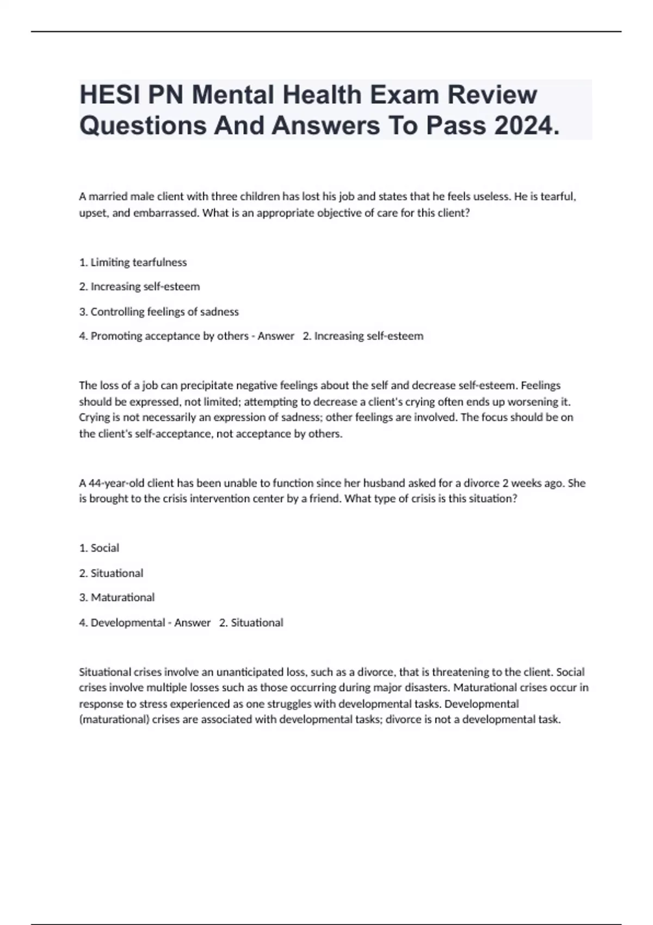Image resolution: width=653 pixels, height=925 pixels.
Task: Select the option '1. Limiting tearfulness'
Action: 133,262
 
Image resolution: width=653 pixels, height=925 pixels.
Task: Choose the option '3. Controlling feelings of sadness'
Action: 159,312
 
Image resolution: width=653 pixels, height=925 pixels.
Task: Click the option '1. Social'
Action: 99,548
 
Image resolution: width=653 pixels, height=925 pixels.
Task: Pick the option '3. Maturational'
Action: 117,597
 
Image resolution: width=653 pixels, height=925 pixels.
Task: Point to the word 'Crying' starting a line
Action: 94,417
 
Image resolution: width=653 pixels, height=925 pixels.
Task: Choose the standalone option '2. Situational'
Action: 111,573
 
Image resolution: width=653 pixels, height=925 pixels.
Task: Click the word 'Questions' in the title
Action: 143,126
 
